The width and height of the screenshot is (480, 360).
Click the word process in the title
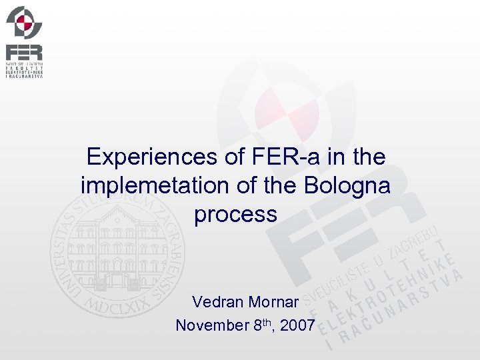(235, 215)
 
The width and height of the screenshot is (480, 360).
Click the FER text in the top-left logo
(24, 52)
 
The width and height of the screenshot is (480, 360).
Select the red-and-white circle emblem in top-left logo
(25, 23)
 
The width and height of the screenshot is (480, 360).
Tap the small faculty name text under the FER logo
(24, 70)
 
